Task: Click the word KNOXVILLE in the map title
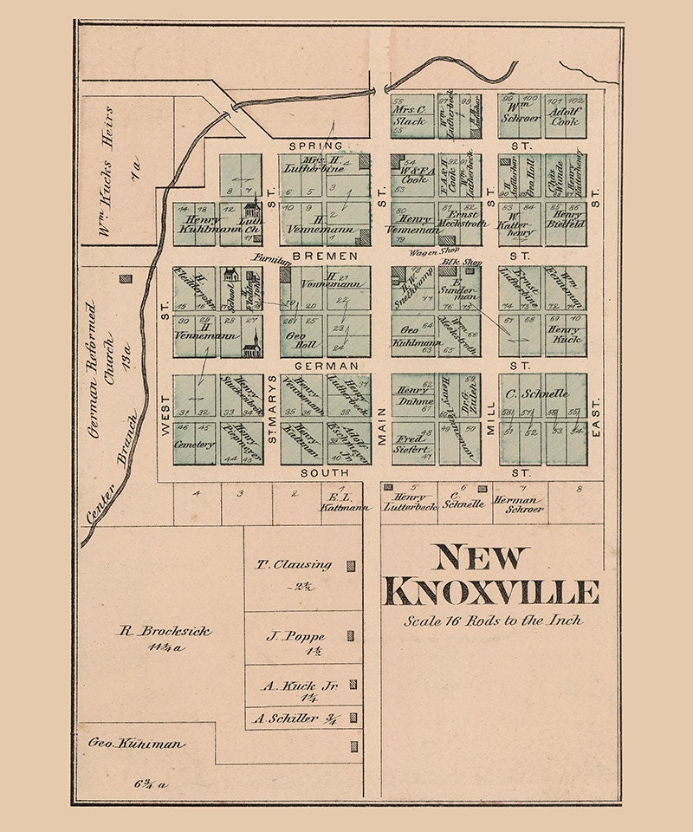[490, 592]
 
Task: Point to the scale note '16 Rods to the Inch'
[492, 621]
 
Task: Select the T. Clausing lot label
[294, 564]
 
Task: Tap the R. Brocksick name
[165, 631]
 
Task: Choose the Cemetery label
[193, 445]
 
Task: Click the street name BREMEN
[314, 257]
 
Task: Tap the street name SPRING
[315, 146]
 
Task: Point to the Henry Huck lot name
[566, 335]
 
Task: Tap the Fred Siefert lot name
[411, 444]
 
